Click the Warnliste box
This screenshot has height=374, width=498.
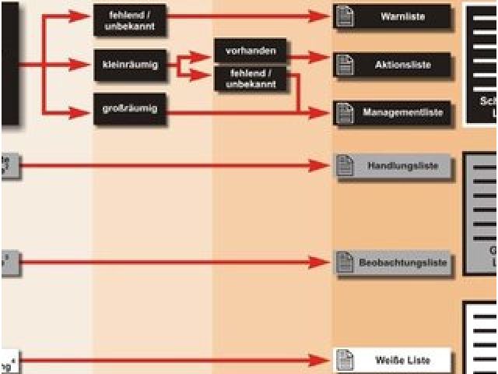tap(393, 16)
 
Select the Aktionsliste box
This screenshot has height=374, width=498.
tap(393, 65)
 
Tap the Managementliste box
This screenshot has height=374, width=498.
tap(393, 113)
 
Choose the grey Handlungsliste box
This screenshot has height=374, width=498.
tap(393, 166)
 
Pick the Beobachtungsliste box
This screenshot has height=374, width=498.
tap(393, 263)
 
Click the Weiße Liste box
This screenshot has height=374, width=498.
tap(393, 360)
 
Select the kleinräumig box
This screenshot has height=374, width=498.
tap(130, 65)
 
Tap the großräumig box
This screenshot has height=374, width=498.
tap(130, 108)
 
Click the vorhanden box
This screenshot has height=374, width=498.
tap(250, 51)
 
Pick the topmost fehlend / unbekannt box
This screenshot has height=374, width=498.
tap(130, 20)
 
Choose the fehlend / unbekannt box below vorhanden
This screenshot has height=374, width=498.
tap(250, 79)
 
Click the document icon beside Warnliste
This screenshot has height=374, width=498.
tap(345, 16)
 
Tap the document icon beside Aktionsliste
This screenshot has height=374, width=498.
tap(345, 65)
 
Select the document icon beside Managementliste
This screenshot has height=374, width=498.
tap(345, 113)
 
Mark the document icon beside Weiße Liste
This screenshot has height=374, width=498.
tap(345, 360)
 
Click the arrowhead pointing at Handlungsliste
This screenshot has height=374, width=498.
tap(321, 165)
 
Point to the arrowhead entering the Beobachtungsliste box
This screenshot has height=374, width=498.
tap(321, 263)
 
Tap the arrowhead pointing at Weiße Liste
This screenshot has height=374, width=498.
tap(321, 360)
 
